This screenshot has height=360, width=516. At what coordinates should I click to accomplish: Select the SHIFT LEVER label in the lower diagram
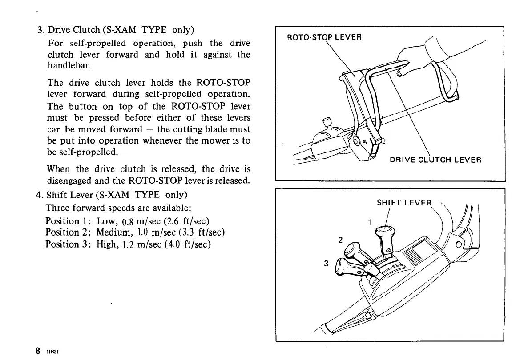pos(404,203)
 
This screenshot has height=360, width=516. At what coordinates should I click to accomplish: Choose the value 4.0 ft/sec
pos(193,244)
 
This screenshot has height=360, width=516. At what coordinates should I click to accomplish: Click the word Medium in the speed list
pos(113,233)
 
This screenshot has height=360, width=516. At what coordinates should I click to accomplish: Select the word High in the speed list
pos(106,244)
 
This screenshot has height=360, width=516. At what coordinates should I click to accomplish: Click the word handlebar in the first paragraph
pos(66,65)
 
